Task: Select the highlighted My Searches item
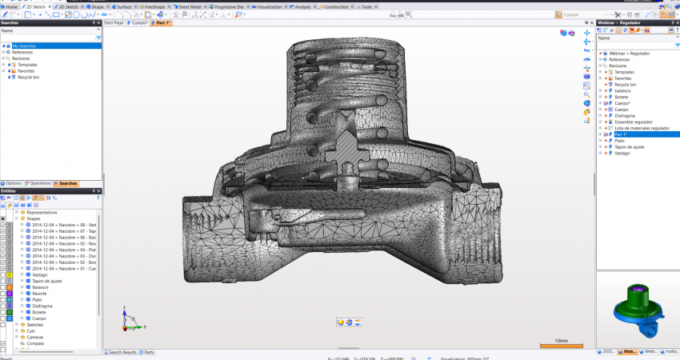point(24,46)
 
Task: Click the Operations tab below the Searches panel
point(40,183)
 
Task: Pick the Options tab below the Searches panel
point(13,183)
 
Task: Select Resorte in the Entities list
point(41,293)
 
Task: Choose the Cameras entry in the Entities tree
point(35,337)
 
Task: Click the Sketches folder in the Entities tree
point(36,325)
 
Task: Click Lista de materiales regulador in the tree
point(642,128)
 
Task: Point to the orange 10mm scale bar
point(560,346)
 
